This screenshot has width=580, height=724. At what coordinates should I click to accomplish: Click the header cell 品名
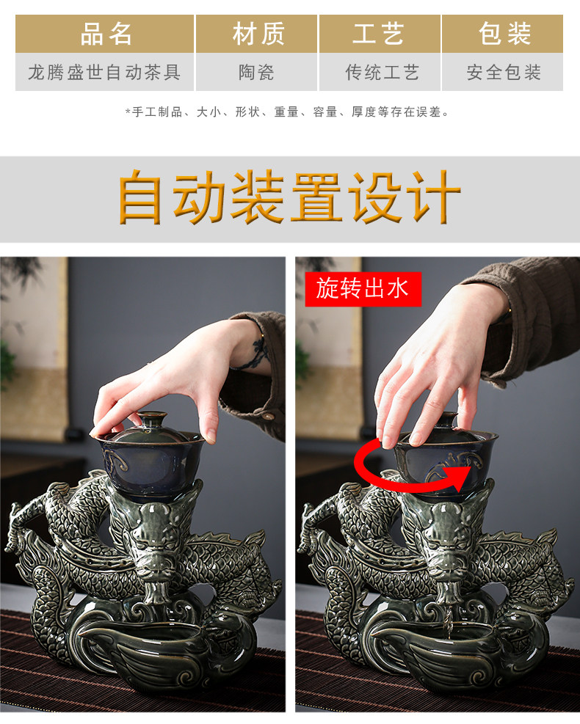click(104, 34)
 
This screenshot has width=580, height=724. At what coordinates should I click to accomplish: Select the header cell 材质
click(257, 34)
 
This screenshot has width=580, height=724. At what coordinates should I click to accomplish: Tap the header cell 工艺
click(380, 34)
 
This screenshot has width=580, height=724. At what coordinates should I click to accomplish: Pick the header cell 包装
click(502, 34)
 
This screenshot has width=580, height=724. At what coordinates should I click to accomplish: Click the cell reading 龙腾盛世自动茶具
click(104, 72)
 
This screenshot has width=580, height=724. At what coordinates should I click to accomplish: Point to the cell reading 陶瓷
click(257, 72)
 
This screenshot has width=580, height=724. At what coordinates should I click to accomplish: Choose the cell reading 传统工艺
click(380, 72)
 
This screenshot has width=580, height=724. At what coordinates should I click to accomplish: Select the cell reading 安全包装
click(502, 72)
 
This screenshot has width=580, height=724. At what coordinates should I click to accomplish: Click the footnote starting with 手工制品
click(287, 112)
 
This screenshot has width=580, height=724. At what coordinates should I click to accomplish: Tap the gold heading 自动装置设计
click(290, 197)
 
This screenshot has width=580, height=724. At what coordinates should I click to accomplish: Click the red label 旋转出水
click(363, 289)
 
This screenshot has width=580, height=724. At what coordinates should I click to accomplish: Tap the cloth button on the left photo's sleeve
click(267, 416)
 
